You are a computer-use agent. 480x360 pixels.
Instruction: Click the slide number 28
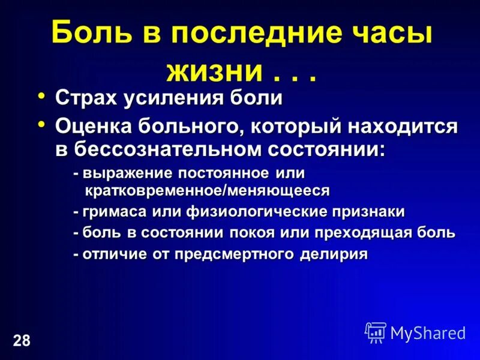pyautogui.click(x=20, y=341)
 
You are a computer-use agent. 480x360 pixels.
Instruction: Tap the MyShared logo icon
pyautogui.click(x=376, y=332)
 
